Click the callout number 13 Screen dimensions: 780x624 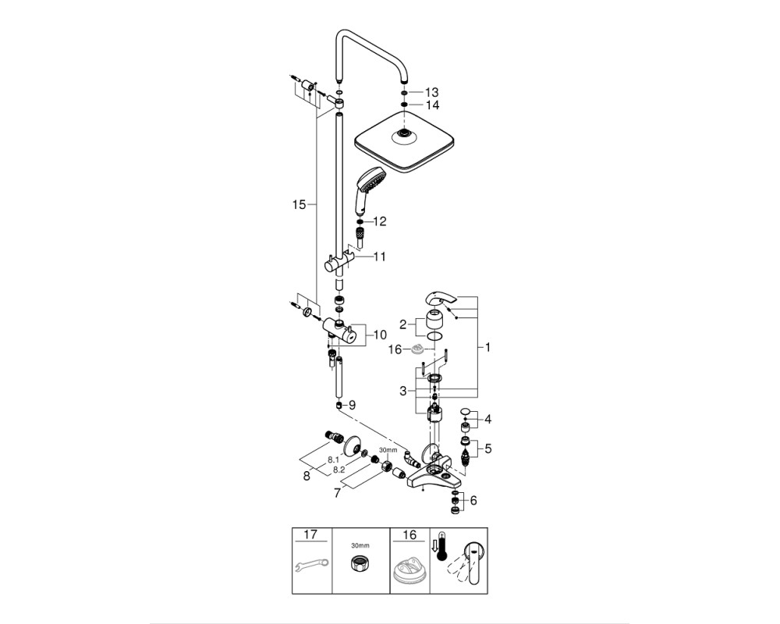pyautogui.click(x=432, y=92)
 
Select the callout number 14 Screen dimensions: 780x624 pyautogui.click(x=432, y=105)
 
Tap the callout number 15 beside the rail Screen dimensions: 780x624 pyautogui.click(x=299, y=204)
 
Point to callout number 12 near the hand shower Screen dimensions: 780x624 pyautogui.click(x=379, y=221)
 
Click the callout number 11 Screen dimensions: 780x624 pyautogui.click(x=379, y=257)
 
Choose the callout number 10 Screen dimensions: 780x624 pyautogui.click(x=380, y=335)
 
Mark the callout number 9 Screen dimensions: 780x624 pyautogui.click(x=353, y=405)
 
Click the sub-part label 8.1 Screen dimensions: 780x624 pyautogui.click(x=333, y=460)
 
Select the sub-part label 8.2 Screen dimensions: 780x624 pyautogui.click(x=339, y=470)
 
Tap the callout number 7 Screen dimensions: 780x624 pyautogui.click(x=338, y=493)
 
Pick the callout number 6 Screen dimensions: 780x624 pyautogui.click(x=473, y=500)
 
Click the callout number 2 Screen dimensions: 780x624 pyautogui.click(x=403, y=325)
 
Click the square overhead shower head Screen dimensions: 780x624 pyautogui.click(x=406, y=142)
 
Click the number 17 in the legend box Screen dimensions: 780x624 pyautogui.click(x=310, y=535)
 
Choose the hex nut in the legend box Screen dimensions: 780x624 pyautogui.click(x=360, y=564)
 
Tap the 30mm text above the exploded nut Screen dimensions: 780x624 pyautogui.click(x=388, y=450)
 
